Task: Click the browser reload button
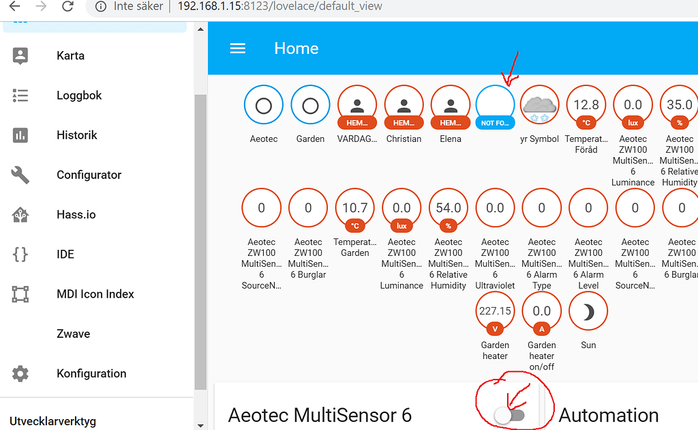click(x=67, y=6)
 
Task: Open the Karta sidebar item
click(x=70, y=56)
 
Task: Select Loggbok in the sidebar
click(x=79, y=96)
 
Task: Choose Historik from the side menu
click(x=76, y=135)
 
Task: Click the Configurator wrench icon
click(x=20, y=175)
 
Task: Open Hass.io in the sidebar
click(x=76, y=214)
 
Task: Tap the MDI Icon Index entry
click(x=95, y=294)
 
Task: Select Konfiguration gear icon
click(x=20, y=373)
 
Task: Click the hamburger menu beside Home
click(x=237, y=48)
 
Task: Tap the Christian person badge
click(x=404, y=106)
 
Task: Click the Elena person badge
click(x=451, y=106)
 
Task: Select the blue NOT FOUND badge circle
click(x=496, y=106)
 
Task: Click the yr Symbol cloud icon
click(x=539, y=106)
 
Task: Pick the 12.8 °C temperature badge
click(x=586, y=105)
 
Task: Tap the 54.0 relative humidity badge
click(x=449, y=208)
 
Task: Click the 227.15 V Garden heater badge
click(x=496, y=311)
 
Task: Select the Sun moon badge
click(x=588, y=311)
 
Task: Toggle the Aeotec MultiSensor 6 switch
click(x=509, y=415)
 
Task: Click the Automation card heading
click(x=609, y=415)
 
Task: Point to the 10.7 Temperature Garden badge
click(x=355, y=208)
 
